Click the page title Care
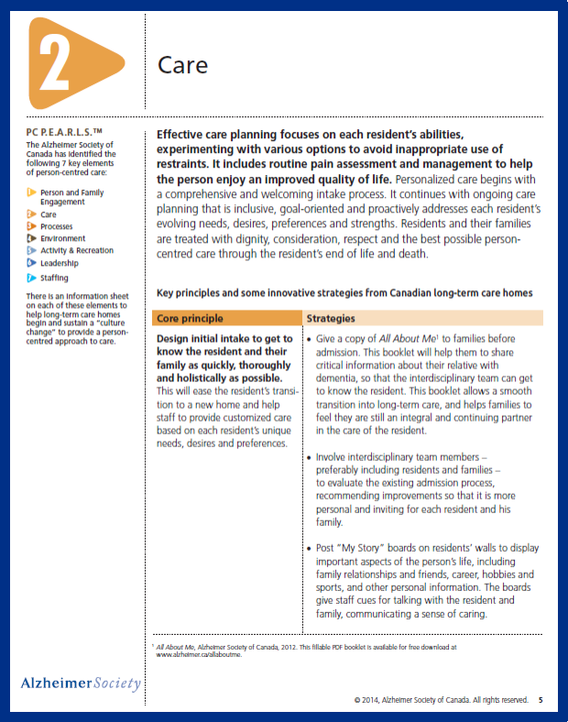pos(183,65)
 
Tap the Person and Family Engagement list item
pos(71,197)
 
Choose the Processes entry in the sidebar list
pos(57,226)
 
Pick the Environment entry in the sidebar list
pos(63,238)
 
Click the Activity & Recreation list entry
pos(77,250)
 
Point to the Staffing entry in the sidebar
pos(54,278)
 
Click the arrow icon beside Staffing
pos(31,278)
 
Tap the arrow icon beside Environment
pos(31,238)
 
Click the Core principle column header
pos(190,319)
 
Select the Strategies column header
pos(331,319)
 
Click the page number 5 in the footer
pos(541,700)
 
